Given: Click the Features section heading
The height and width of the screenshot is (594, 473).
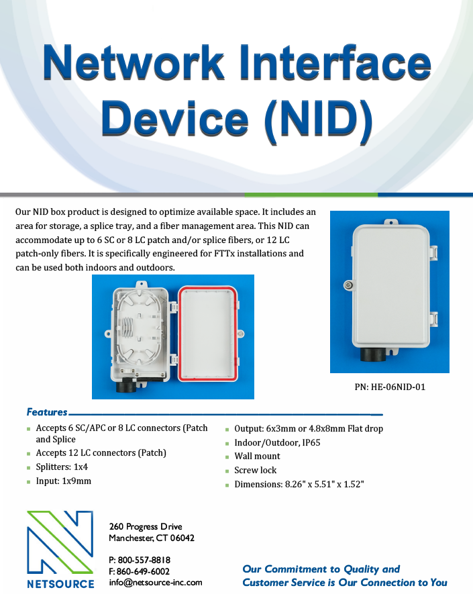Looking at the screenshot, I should [x=47, y=412].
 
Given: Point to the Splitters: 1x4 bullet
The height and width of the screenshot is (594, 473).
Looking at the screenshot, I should [x=62, y=467].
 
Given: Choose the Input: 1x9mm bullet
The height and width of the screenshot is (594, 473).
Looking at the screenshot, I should [x=64, y=481].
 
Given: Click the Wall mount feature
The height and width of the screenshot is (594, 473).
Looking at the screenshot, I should [x=257, y=456].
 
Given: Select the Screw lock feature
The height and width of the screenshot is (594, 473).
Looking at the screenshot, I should [x=255, y=471].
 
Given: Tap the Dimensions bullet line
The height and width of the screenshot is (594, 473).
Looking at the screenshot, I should [x=299, y=485].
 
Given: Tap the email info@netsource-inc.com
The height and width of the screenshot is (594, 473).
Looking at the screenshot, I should [x=155, y=583].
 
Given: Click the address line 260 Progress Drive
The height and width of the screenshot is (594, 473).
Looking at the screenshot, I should [x=145, y=526].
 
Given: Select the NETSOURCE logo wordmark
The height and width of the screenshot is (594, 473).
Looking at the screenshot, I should [x=60, y=583].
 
